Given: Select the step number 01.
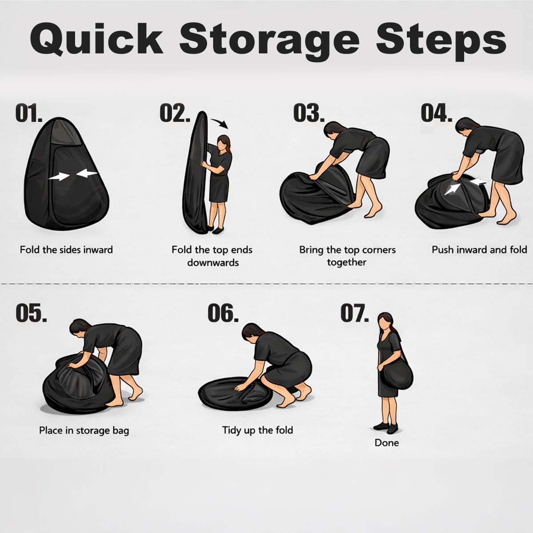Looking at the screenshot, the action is click(29, 113).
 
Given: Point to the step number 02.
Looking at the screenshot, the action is click(175, 113).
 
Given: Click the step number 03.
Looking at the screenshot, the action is click(308, 113).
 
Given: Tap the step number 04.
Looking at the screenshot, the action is click(436, 113).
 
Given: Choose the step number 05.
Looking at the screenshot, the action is click(31, 313).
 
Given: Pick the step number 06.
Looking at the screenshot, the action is click(223, 313).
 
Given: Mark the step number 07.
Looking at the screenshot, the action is click(354, 313).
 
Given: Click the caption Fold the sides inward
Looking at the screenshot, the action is click(66, 250).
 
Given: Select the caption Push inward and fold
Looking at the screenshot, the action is click(479, 250).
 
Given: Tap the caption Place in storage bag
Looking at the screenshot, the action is click(84, 431).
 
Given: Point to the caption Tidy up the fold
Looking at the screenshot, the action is click(258, 430).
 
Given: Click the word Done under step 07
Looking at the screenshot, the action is click(387, 443).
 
